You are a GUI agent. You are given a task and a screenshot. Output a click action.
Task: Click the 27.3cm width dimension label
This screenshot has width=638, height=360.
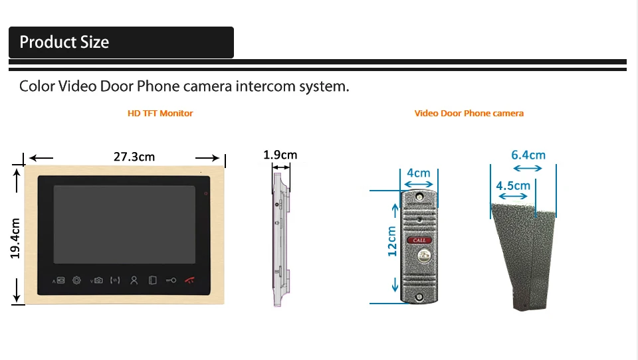[x=134, y=157]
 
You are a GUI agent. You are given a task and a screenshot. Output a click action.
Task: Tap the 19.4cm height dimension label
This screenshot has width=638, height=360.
[x=15, y=238]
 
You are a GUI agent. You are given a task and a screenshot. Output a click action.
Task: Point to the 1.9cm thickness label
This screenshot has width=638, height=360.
[x=280, y=155]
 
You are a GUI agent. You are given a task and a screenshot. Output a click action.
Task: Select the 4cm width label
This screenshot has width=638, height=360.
[x=418, y=173]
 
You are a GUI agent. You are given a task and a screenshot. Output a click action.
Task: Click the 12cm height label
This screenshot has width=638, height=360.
[x=392, y=241]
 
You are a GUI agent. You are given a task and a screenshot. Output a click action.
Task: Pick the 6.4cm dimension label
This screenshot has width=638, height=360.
[x=528, y=155]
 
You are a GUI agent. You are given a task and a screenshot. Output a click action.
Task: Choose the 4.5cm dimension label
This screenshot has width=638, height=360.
[x=513, y=186]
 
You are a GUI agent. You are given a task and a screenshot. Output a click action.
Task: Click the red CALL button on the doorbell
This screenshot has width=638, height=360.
[x=419, y=240]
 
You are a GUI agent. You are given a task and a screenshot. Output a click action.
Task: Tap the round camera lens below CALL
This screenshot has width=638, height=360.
[x=423, y=256]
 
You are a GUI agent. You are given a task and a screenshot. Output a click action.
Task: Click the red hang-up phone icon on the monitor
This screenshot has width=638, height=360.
[x=189, y=280]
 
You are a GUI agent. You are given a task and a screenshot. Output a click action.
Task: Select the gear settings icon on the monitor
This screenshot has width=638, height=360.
[x=76, y=280]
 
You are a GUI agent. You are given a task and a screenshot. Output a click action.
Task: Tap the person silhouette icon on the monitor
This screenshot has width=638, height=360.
[x=134, y=280]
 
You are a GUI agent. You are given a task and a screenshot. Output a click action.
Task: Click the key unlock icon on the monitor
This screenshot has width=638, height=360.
[x=171, y=280]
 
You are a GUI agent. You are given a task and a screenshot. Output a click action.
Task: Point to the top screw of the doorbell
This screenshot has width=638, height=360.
[x=419, y=197]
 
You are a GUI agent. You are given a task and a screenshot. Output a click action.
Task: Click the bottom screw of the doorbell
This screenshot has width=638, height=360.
[x=419, y=298]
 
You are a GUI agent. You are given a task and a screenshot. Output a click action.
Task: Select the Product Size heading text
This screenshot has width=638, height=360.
[x=64, y=42]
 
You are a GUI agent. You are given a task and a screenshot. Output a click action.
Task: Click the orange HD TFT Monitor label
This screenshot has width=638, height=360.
[x=160, y=114]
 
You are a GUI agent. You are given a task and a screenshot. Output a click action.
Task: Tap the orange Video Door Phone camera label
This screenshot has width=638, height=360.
[x=469, y=114]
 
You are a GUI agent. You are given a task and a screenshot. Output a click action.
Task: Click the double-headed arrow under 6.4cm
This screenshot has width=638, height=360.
[x=528, y=168]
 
